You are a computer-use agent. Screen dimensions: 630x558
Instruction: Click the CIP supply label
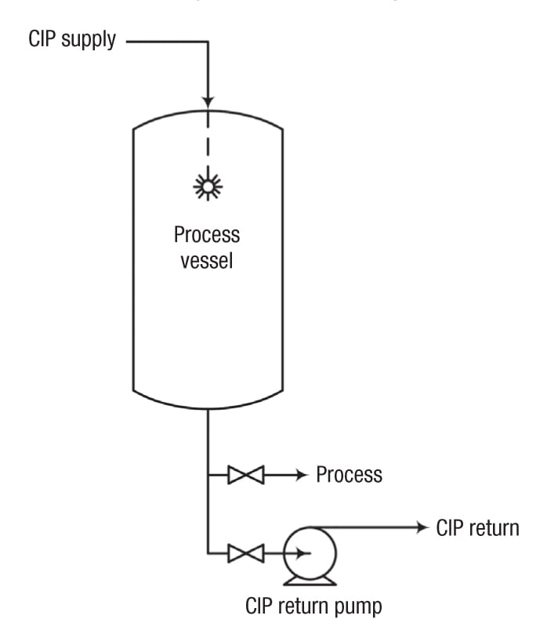pyautogui.click(x=71, y=40)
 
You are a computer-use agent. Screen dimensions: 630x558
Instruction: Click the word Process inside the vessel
pyautogui.click(x=207, y=234)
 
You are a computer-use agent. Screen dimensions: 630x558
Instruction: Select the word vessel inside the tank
pyautogui.click(x=207, y=260)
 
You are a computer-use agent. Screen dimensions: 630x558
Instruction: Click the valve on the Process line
pyautogui.click(x=245, y=475)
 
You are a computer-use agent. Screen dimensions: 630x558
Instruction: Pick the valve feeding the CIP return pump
pyautogui.click(x=245, y=554)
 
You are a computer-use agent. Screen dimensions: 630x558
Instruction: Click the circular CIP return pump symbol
pyautogui.click(x=309, y=553)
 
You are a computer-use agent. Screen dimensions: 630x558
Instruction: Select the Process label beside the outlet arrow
pyautogui.click(x=349, y=475)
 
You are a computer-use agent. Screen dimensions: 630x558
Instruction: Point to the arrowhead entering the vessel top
pyautogui.click(x=208, y=100)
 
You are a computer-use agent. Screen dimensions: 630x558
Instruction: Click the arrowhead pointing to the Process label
pyautogui.click(x=300, y=475)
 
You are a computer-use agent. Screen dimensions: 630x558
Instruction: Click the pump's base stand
pyautogui.click(x=309, y=581)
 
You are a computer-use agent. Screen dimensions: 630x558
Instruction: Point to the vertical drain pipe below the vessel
pyautogui.click(x=208, y=439)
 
